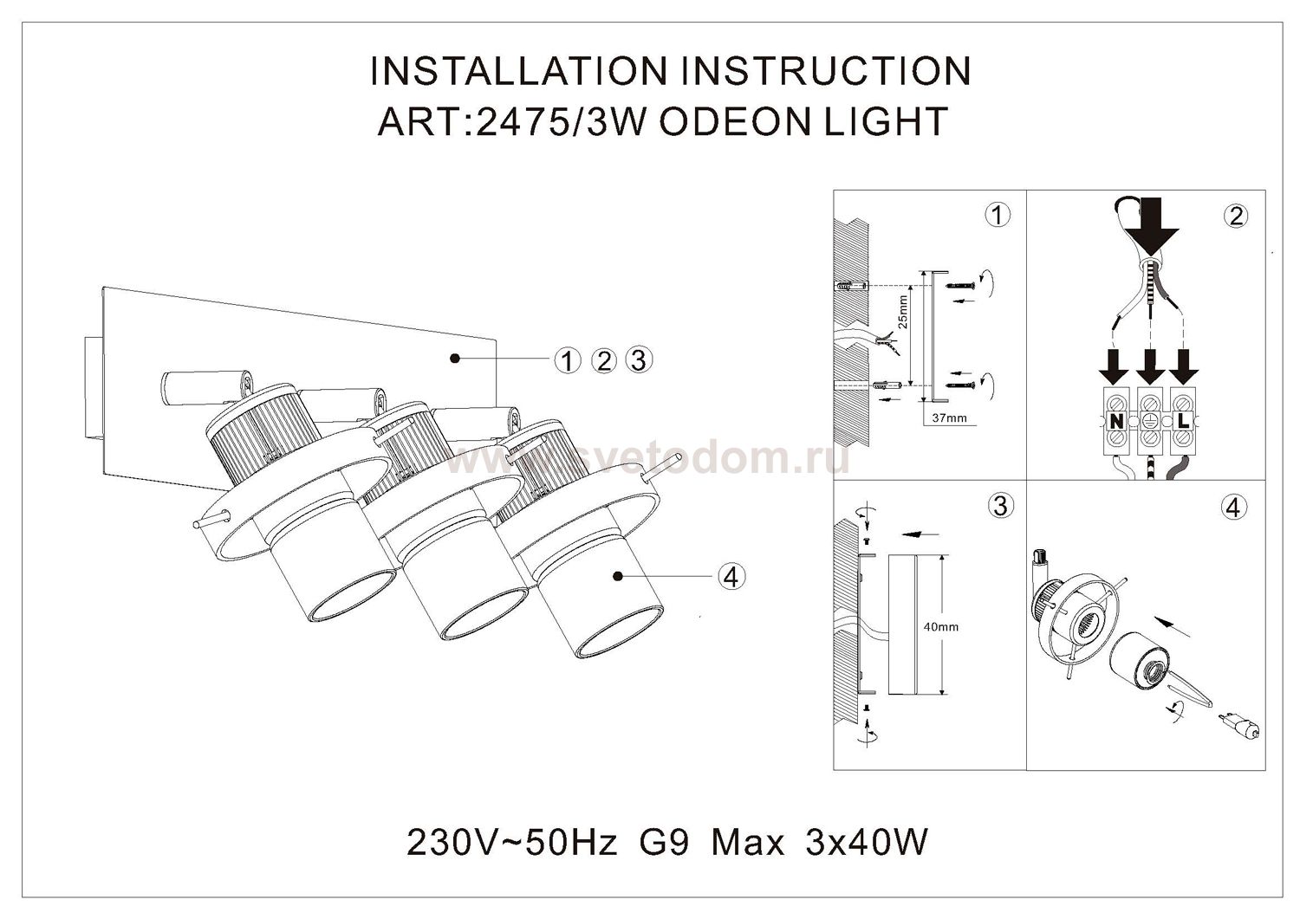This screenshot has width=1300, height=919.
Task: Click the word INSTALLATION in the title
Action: click(517, 71)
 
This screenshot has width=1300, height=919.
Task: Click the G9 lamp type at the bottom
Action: click(664, 842)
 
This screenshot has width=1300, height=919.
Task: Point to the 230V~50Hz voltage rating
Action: click(511, 842)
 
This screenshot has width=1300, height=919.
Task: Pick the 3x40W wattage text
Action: click(867, 842)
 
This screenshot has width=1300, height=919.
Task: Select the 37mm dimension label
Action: click(950, 417)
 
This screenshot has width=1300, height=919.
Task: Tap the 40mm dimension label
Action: click(940, 626)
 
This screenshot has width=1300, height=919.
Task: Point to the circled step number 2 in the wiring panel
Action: click(1235, 217)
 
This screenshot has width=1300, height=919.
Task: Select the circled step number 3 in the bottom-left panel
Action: click(1000, 506)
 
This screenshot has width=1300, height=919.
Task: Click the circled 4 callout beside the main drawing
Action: click(731, 576)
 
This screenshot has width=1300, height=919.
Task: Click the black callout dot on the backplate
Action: click(455, 359)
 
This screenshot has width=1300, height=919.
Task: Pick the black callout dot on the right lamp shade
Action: click(618, 575)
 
